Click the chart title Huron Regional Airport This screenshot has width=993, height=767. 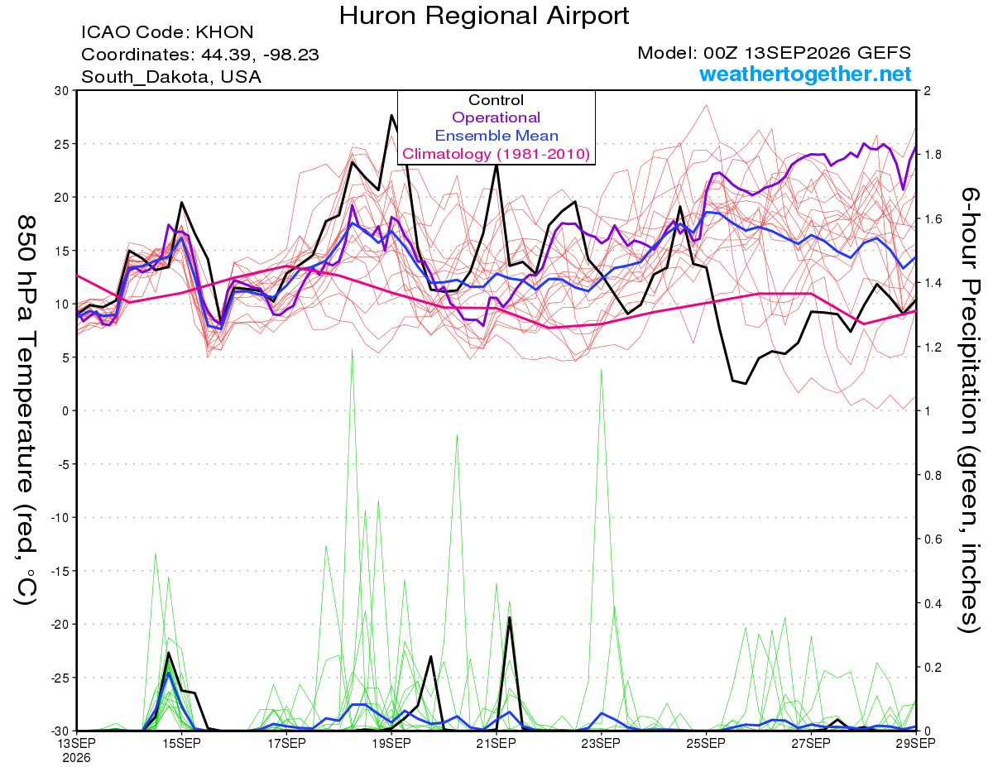pyautogui.click(x=484, y=16)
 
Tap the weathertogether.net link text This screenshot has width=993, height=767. pyautogui.click(x=805, y=74)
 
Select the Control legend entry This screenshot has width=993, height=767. pyautogui.click(x=496, y=100)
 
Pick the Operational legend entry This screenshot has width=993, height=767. pyautogui.click(x=496, y=117)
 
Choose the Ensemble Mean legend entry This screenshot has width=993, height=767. pyautogui.click(x=496, y=136)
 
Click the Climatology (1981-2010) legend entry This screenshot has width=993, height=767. pyautogui.click(x=496, y=154)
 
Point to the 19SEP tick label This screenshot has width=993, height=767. pyautogui.click(x=391, y=743)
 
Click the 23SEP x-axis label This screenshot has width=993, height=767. pyautogui.click(x=601, y=743)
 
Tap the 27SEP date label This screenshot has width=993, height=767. pyautogui.click(x=811, y=743)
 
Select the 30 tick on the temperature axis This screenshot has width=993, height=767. pyautogui.click(x=62, y=91)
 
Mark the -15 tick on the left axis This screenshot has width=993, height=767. pyautogui.click(x=59, y=571)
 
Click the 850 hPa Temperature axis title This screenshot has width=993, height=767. pyautogui.click(x=26, y=410)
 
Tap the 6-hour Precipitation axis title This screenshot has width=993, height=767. pyautogui.click(x=968, y=410)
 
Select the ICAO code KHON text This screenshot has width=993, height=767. pyautogui.click(x=167, y=32)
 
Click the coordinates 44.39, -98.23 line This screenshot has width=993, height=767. pyautogui.click(x=200, y=55)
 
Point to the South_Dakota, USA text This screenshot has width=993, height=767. pyautogui.click(x=171, y=77)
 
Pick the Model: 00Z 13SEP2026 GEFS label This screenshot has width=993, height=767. pyautogui.click(x=774, y=53)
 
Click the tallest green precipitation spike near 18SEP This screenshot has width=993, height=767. pyautogui.click(x=352, y=349)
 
